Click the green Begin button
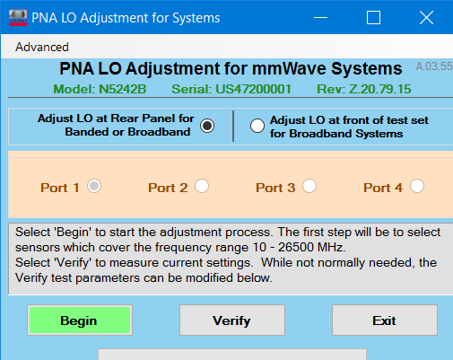[80, 320]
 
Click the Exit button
[385, 320]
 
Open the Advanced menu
[42, 47]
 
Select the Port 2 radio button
[202, 186]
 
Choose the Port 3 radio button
[309, 186]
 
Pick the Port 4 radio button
[417, 186]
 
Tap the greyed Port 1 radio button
[94, 186]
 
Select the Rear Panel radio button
[207, 126]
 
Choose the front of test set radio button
[257, 126]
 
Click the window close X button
[426, 18]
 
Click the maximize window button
[373, 18]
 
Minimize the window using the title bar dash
[320, 18]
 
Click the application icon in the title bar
[18, 18]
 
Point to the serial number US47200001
[253, 89]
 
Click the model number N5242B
[123, 89]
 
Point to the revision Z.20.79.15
[379, 89]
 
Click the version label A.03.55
[434, 66]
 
